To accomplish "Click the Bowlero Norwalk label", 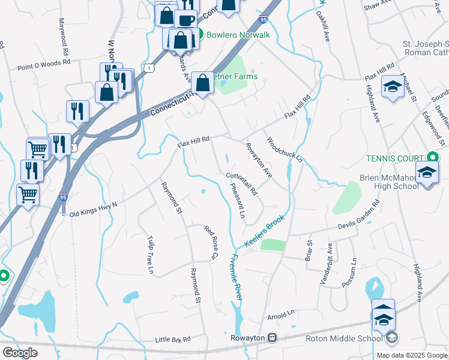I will coord(238,35).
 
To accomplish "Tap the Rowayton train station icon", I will coord(272,338).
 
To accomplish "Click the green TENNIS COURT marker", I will coord(431,154).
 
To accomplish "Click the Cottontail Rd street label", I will coord(242,184).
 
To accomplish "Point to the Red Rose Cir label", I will coord(209,243).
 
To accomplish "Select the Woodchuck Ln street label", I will coord(285,149).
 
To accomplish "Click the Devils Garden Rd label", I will coord(352,226).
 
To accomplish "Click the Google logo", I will coord(20,353).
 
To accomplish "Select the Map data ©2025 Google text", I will coord(412,355).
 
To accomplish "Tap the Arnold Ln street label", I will coord(282,313).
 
